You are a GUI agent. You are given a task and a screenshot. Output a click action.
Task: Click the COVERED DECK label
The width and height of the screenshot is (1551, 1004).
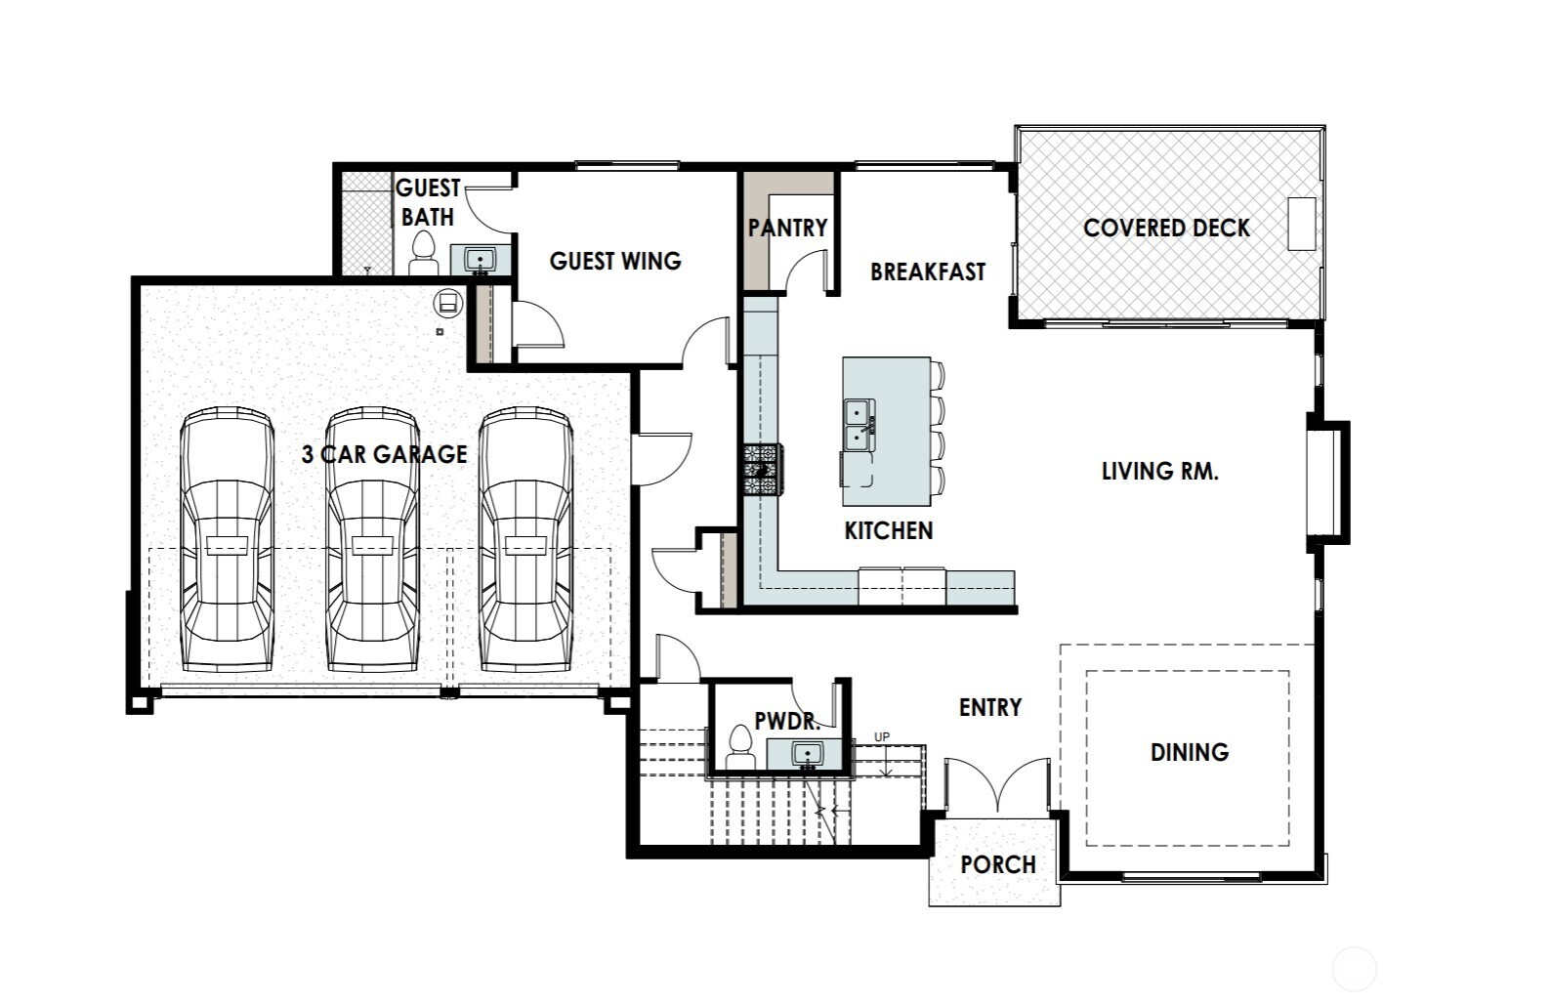coord(1166,228)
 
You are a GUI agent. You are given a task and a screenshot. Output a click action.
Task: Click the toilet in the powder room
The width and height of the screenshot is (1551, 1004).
coord(740,750)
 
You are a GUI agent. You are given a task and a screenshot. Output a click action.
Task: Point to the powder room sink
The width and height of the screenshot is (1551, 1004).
coord(806,754)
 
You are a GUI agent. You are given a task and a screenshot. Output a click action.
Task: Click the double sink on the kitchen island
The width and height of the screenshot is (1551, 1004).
coord(859,425)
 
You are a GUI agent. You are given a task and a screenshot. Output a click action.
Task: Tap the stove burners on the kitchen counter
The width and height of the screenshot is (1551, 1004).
coord(762,470)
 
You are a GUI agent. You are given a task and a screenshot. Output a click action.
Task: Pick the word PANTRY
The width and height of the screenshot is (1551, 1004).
coord(787,228)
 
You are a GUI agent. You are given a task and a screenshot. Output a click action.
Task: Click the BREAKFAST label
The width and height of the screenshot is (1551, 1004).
coord(928,272)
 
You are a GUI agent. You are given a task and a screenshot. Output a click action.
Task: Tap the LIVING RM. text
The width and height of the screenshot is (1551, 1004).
coord(1159,472)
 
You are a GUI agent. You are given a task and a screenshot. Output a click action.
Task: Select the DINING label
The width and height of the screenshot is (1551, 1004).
coord(1189,752)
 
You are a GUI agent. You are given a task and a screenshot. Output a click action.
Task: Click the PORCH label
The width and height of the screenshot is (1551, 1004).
coord(997,864)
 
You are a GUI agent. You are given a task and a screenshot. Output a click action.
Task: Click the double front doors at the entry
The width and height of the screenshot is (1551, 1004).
coord(997,786)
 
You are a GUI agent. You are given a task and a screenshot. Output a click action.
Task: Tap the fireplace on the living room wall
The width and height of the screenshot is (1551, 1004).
coord(1326,481)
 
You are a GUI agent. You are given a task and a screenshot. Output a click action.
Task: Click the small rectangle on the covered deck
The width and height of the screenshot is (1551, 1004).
coord(1301,224)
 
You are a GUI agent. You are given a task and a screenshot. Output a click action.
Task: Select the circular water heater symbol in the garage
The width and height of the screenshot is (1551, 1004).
coord(448,303)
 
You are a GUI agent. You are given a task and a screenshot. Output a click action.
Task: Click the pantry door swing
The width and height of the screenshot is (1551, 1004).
coord(808,272)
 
